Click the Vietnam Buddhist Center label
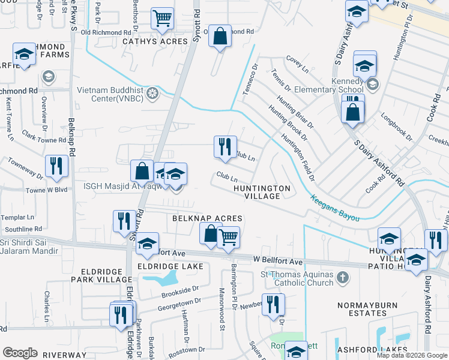point(110,94)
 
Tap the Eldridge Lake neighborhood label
point(170,266)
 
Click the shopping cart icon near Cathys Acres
point(162,19)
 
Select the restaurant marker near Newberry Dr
point(273,304)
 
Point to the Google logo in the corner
point(20,353)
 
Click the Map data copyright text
point(412,355)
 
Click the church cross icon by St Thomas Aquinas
point(343,277)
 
